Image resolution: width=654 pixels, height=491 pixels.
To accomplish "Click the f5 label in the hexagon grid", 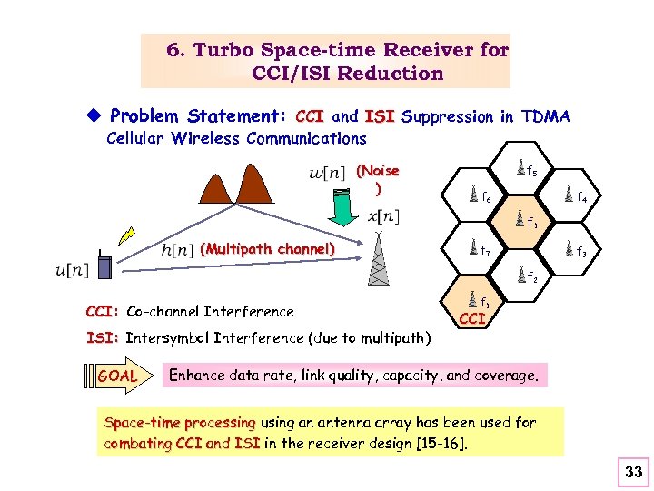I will pyautogui.click(x=532, y=171).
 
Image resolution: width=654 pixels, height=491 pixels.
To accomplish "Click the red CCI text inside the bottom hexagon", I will pyautogui.click(x=471, y=318).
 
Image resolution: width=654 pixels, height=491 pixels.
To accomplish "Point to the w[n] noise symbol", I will pyautogui.click(x=327, y=173).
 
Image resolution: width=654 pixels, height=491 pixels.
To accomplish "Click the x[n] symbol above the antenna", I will pyautogui.click(x=383, y=216).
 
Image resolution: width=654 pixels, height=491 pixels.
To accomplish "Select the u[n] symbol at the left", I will pyautogui.click(x=72, y=270).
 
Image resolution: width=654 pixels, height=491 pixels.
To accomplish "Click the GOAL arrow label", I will pyautogui.click(x=118, y=376).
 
